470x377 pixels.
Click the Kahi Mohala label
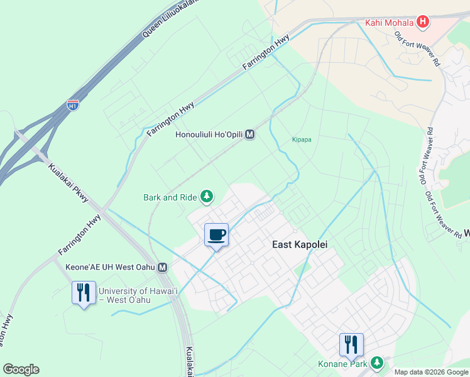tap(390, 23)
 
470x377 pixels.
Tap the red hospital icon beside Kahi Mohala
tap(423, 23)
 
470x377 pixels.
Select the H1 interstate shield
tap(73, 105)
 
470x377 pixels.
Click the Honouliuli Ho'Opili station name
tap(209, 134)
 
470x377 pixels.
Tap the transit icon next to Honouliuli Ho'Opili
tap(250, 134)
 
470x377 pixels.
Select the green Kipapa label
tap(302, 139)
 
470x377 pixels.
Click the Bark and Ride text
tap(170, 197)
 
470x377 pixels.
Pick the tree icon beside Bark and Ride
tap(206, 197)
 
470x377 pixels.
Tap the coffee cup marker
tap(216, 235)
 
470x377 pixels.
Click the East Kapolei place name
tap(300, 244)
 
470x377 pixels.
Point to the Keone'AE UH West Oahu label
tap(110, 268)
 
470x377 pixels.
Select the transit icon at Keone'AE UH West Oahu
tap(163, 268)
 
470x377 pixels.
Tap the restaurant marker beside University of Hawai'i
tap(83, 293)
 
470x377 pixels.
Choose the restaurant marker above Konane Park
tap(351, 344)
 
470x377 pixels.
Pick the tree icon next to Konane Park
tap(377, 363)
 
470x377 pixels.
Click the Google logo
tap(21, 369)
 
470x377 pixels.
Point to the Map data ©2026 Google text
tap(430, 372)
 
